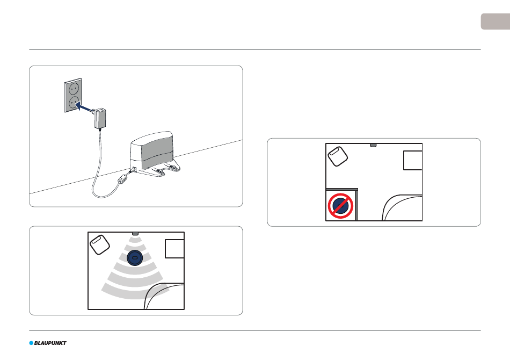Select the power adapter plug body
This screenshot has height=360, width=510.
point(100,118)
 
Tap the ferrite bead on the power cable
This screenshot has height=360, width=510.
point(123,180)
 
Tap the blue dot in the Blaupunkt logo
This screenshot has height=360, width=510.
point(31,343)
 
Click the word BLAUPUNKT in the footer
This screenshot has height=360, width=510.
point(50,343)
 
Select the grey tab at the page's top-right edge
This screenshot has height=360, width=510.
point(496,21)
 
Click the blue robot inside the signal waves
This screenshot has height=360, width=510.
point(135,258)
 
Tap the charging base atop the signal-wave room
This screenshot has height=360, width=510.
point(135,234)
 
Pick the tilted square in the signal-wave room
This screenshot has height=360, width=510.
point(100,244)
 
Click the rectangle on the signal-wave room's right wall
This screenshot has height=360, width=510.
point(174,249)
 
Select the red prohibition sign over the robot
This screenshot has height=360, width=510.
point(340,206)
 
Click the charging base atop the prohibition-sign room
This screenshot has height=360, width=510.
point(374,145)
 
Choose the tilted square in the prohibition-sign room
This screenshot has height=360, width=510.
point(338,156)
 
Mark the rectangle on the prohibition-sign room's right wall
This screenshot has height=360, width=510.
point(413,160)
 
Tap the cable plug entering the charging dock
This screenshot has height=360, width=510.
point(133,170)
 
